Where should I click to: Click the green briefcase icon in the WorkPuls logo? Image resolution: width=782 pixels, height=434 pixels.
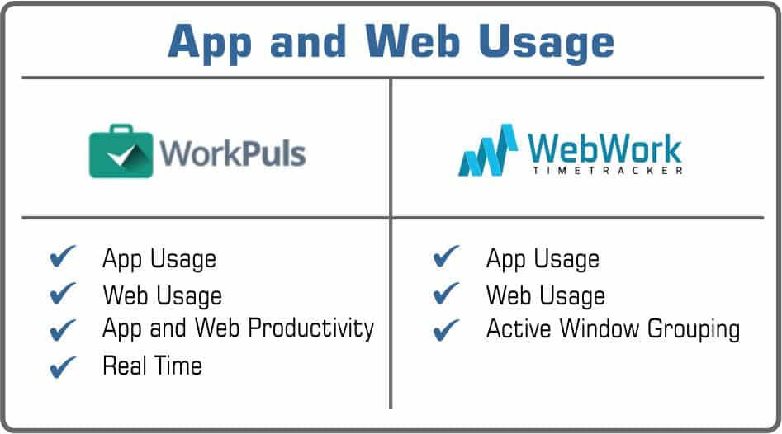point(121,151)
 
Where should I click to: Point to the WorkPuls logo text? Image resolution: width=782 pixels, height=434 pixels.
point(232,153)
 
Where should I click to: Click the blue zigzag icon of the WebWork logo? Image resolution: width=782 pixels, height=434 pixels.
point(488,151)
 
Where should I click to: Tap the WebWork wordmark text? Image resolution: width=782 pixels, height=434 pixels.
point(605,148)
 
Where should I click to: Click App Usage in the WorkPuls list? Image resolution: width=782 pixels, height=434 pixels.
point(159,258)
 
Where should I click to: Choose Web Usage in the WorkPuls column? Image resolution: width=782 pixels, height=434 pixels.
point(162,295)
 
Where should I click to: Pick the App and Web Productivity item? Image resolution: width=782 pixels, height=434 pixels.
point(238,328)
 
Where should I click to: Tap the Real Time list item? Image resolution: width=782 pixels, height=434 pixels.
point(152,365)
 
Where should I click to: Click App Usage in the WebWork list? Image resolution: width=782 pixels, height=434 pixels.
point(543,258)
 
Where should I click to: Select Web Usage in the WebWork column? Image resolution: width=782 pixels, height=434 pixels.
point(545,295)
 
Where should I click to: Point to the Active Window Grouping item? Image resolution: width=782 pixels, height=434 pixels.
point(613,329)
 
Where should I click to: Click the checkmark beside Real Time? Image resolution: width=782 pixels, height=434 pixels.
point(63,366)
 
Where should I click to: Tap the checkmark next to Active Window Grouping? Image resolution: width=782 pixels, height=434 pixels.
point(446,330)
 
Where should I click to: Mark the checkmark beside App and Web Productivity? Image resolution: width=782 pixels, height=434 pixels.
point(63,329)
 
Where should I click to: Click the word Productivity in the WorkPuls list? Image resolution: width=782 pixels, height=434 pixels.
point(311,328)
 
